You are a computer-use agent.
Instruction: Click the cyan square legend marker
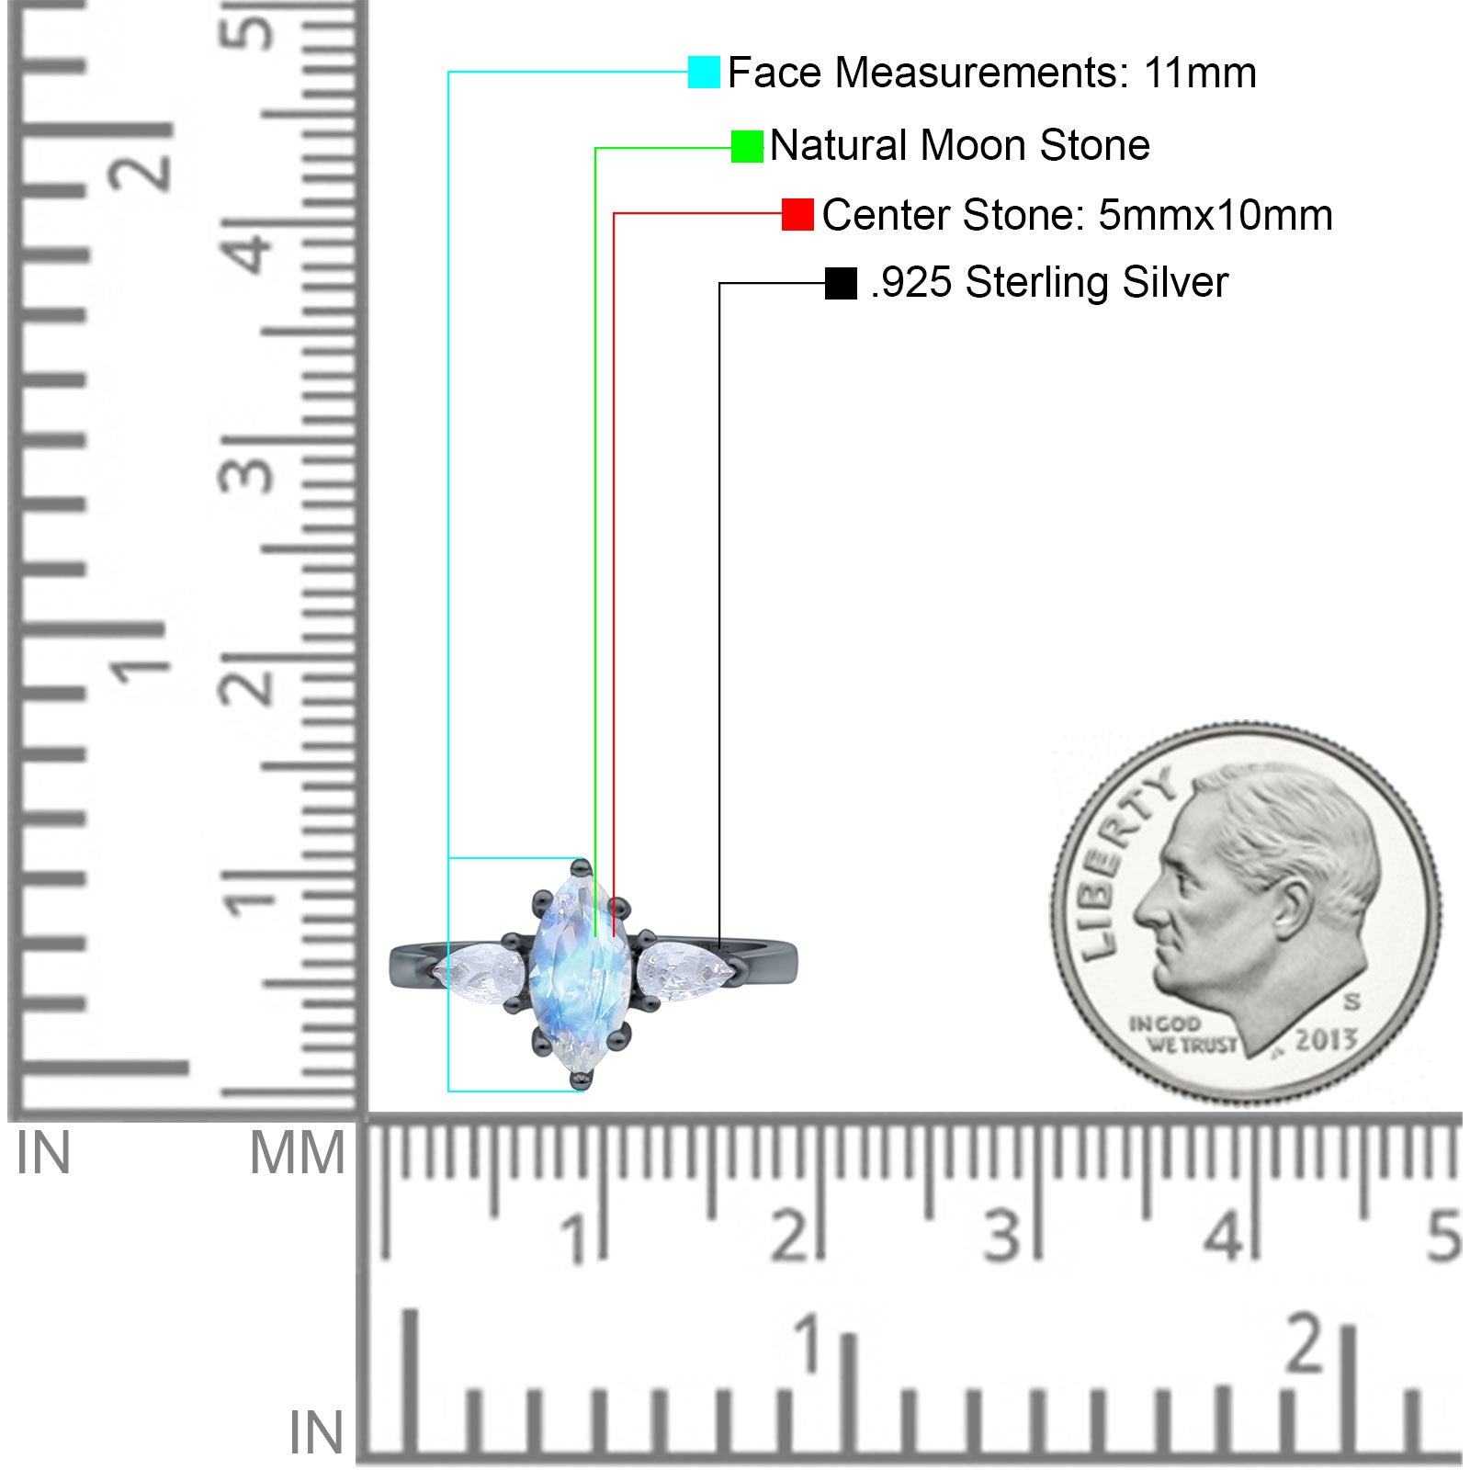[704, 72]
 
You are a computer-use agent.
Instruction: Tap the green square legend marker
[747, 146]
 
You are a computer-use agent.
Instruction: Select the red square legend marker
[797, 214]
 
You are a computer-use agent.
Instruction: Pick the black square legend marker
[841, 283]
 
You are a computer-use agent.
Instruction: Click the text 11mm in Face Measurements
[1200, 73]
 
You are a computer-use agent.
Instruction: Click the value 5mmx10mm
[1216, 215]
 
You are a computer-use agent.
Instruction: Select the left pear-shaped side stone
[479, 967]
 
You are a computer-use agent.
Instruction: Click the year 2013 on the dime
[1326, 1039]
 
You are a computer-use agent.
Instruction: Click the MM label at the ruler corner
[298, 1154]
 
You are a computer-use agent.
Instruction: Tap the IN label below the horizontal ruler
[316, 1432]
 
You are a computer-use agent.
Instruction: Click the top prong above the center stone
[581, 866]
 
